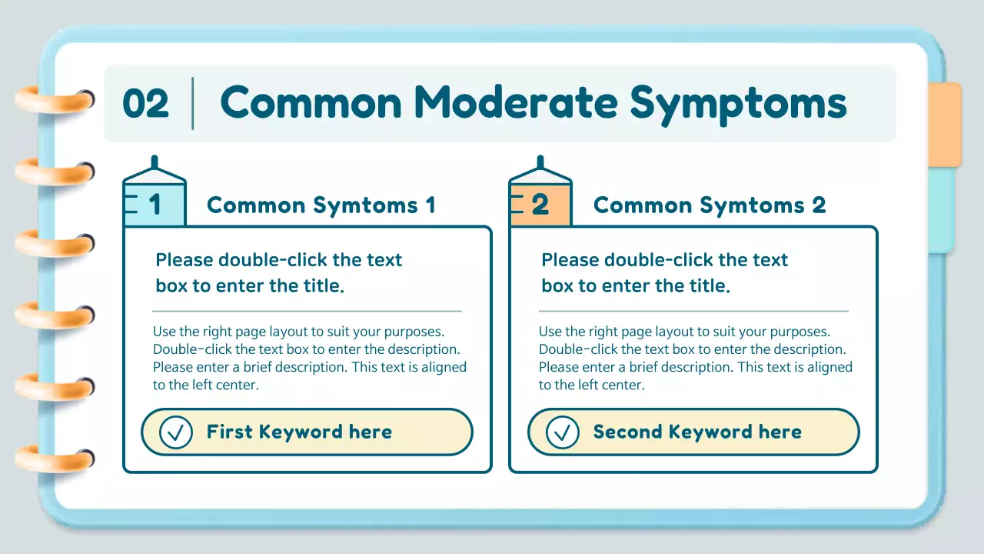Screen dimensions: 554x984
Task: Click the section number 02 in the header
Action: pyautogui.click(x=145, y=104)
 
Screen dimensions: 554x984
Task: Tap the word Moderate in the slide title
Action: pyautogui.click(x=516, y=102)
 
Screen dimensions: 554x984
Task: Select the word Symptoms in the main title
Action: pyautogui.click(x=738, y=104)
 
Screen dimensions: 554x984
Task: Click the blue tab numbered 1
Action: pyautogui.click(x=155, y=204)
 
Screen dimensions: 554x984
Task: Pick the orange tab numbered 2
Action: pyautogui.click(x=540, y=204)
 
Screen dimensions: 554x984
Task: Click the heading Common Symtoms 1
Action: pyautogui.click(x=321, y=205)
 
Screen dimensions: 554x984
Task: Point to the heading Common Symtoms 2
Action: pyautogui.click(x=709, y=205)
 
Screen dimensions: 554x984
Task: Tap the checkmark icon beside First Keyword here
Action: pyautogui.click(x=176, y=432)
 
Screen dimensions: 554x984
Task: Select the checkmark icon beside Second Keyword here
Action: pyautogui.click(x=562, y=432)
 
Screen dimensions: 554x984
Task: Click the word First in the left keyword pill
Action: pyautogui.click(x=229, y=432)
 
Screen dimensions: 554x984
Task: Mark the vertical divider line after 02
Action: pyautogui.click(x=192, y=104)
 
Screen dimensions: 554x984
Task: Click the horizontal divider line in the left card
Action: pyautogui.click(x=307, y=311)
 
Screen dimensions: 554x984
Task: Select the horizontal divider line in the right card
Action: pyautogui.click(x=693, y=311)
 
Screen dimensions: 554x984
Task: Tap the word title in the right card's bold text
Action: pyautogui.click(x=708, y=286)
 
